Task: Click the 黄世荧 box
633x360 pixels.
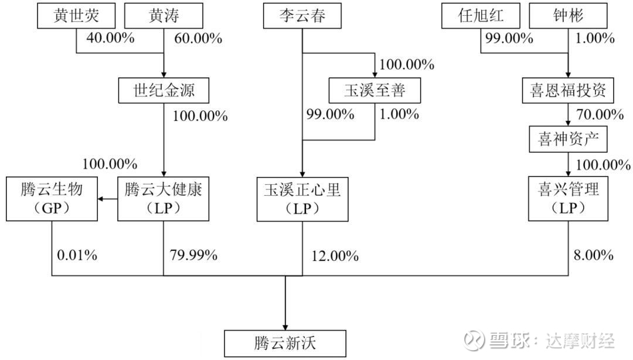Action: point(76,16)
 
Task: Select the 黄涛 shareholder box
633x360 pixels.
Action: point(164,16)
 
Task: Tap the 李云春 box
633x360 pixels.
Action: point(302,16)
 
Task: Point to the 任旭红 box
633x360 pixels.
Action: point(481,16)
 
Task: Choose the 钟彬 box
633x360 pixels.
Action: point(568,16)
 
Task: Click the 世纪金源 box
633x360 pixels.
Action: point(164,90)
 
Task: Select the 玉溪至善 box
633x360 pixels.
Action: point(375,90)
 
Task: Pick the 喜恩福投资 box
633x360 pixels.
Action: point(568,90)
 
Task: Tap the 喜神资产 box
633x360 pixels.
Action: point(568,140)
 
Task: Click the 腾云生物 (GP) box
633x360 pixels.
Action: point(52,199)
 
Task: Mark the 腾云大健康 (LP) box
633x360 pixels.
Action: point(163,199)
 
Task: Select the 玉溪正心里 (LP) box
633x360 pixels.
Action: point(302,199)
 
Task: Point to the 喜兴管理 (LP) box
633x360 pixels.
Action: point(568,199)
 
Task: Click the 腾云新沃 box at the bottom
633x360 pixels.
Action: point(285,344)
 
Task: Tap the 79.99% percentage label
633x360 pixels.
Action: point(193,255)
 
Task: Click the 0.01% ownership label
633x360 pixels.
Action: point(77,255)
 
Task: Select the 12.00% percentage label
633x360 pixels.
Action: point(335,256)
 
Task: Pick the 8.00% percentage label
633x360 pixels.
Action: point(593,255)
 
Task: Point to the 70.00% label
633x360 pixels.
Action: point(600,114)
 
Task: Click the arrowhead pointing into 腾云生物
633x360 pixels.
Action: point(100,199)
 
